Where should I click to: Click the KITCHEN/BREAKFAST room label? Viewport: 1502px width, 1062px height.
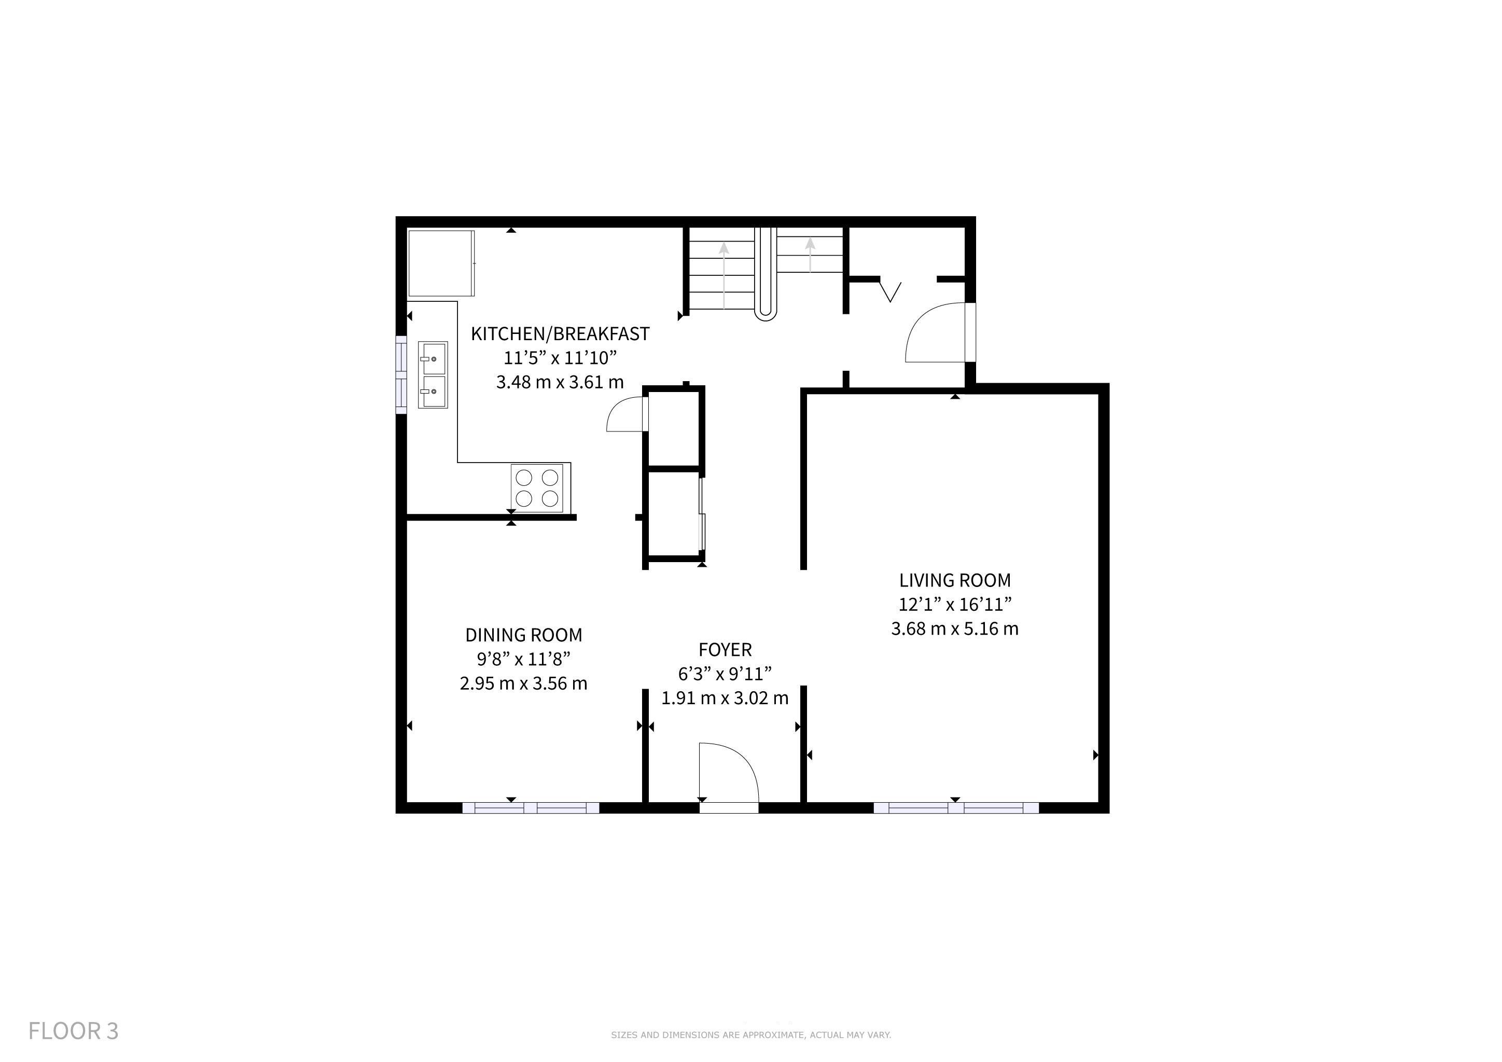click(560, 334)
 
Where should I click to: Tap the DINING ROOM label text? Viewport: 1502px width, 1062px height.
click(523, 635)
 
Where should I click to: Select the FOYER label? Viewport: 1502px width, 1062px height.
click(725, 650)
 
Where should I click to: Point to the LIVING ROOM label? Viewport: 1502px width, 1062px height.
click(954, 581)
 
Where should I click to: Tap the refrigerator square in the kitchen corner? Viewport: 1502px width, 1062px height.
click(441, 263)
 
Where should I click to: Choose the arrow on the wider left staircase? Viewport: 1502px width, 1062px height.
click(724, 275)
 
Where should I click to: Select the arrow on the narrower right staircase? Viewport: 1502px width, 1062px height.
click(811, 255)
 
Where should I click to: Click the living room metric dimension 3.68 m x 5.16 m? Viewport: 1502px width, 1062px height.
click(954, 629)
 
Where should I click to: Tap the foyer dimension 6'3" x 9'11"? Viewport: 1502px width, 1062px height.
click(725, 674)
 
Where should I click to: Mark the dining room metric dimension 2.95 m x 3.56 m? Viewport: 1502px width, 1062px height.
click(523, 684)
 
